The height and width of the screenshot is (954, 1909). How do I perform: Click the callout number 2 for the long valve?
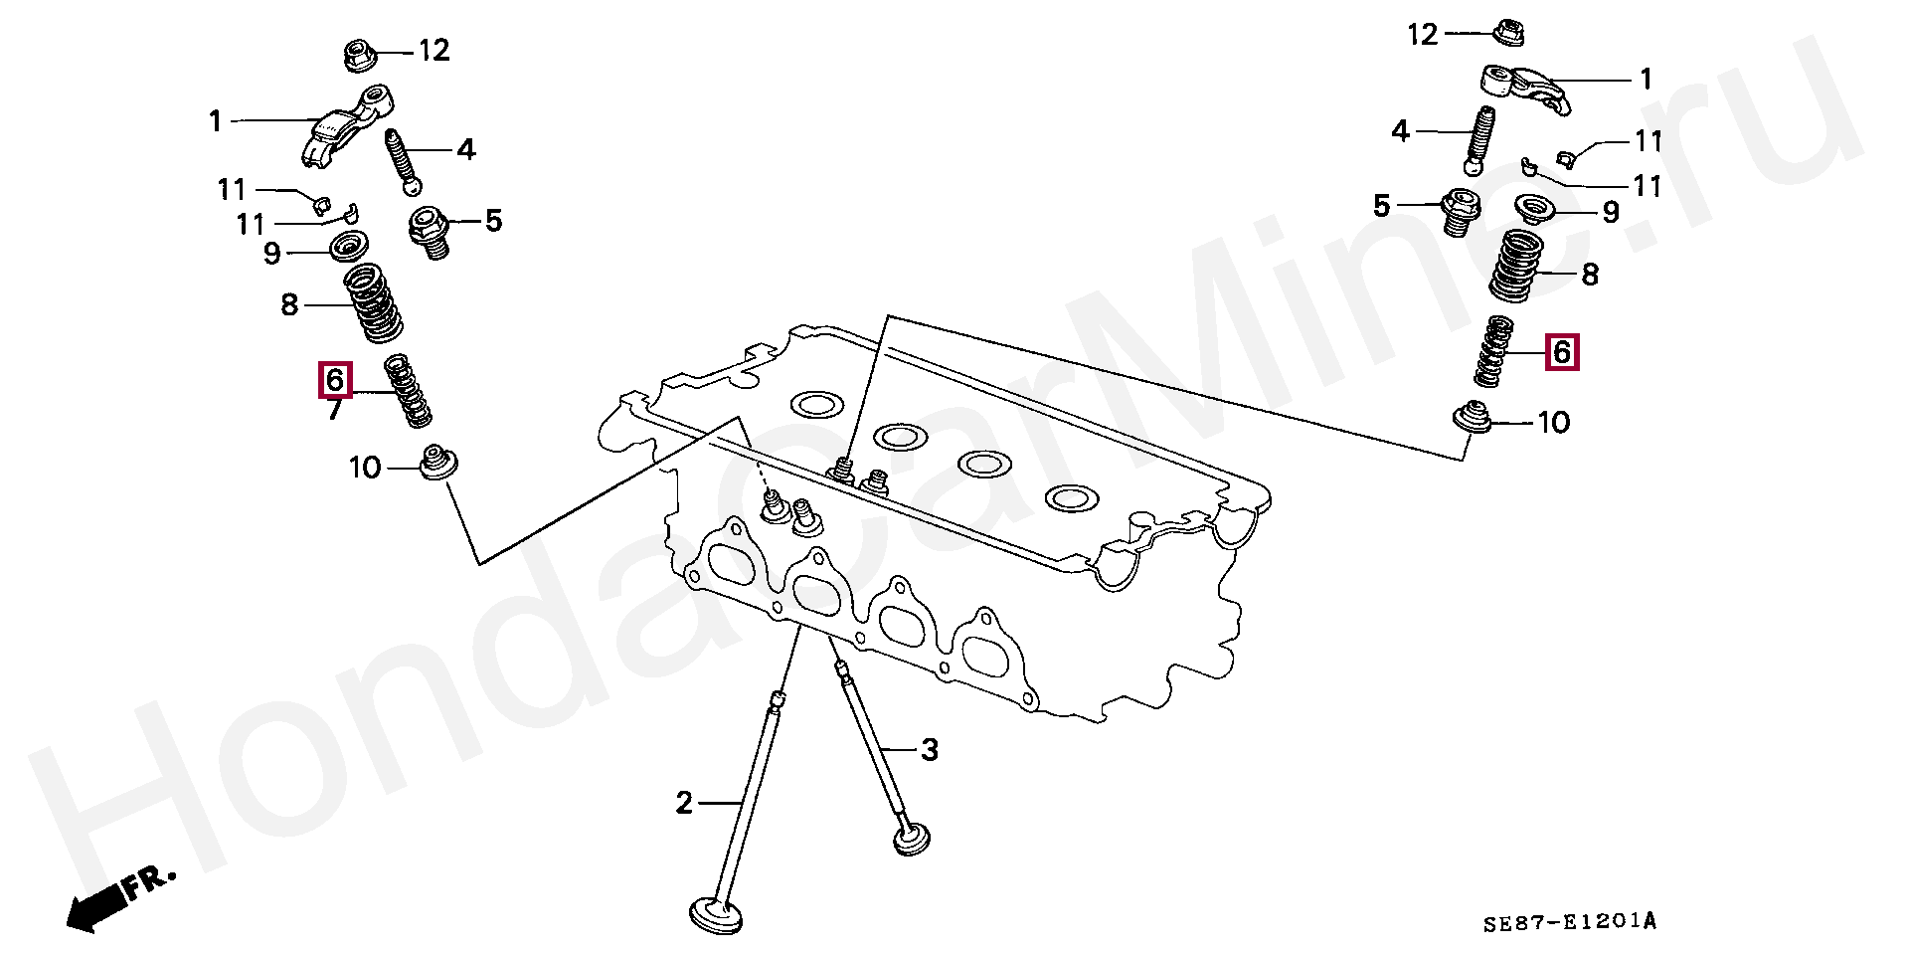point(683,802)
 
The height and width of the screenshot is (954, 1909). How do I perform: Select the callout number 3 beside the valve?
point(929,749)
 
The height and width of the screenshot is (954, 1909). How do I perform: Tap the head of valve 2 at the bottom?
point(715,914)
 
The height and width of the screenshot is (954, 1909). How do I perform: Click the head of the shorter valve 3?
point(912,838)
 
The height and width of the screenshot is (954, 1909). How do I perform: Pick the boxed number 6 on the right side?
point(1561,352)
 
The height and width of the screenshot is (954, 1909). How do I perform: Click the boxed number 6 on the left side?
point(334,380)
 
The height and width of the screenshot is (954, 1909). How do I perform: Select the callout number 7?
point(334,409)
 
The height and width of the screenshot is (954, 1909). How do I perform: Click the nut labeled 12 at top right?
point(1511,32)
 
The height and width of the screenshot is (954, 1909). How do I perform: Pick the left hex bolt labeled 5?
point(430,230)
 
